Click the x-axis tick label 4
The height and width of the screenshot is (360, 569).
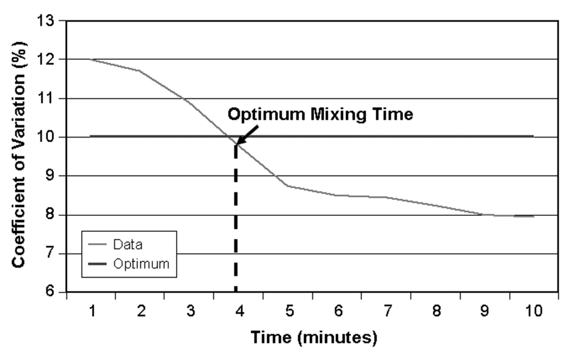click(239, 311)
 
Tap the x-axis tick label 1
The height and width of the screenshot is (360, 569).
click(91, 311)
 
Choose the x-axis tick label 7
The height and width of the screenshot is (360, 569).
click(386, 311)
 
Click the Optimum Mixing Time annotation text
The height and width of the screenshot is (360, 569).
click(321, 114)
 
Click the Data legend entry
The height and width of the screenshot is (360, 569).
click(127, 244)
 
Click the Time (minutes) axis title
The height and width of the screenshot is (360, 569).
click(314, 338)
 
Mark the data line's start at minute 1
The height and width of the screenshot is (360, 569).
click(91, 59)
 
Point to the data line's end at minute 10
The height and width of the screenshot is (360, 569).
click(533, 216)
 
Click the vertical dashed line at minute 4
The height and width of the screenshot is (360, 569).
click(236, 237)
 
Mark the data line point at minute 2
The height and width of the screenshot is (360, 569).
click(140, 71)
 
